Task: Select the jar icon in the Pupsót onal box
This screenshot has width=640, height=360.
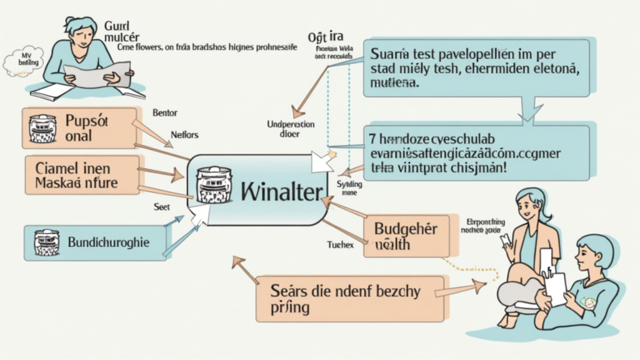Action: [x=43, y=128]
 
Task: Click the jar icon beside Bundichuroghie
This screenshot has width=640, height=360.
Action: [x=46, y=242]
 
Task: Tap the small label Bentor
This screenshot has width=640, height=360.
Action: [x=164, y=113]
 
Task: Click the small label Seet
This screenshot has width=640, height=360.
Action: [x=162, y=206]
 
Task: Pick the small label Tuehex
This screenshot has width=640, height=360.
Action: [x=341, y=245]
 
